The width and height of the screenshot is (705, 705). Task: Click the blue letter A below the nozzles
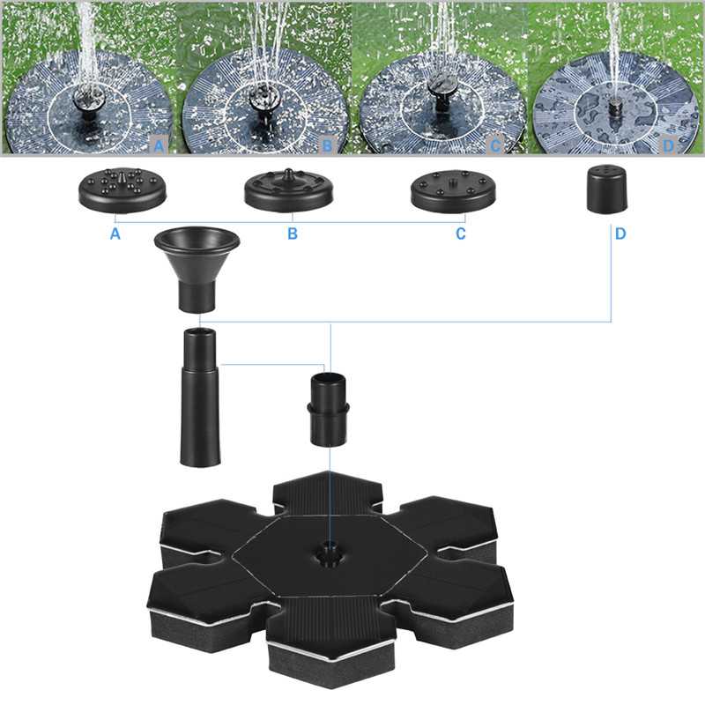pyautogui.click(x=115, y=234)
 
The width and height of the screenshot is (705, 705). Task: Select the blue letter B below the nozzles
pyautogui.click(x=293, y=234)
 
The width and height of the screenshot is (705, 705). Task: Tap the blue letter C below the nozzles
pyautogui.click(x=460, y=234)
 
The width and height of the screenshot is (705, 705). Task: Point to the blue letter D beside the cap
pyautogui.click(x=620, y=234)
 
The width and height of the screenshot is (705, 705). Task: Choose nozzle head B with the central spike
pyautogui.click(x=289, y=189)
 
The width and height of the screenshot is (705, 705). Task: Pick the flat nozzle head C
pyautogui.click(x=453, y=190)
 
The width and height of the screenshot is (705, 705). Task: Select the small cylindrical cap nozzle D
pyautogui.click(x=607, y=189)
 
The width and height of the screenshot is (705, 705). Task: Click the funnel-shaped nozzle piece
pyautogui.click(x=197, y=269)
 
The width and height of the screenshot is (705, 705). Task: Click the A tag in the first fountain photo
pyautogui.click(x=160, y=145)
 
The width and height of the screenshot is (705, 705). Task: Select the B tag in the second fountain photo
pyautogui.click(x=328, y=145)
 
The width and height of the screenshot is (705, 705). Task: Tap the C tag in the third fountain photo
pyautogui.click(x=495, y=145)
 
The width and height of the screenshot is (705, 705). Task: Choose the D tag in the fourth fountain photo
pyautogui.click(x=669, y=145)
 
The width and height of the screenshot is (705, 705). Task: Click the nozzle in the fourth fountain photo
pyautogui.click(x=614, y=108)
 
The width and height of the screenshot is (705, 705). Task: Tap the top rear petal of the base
pyautogui.click(x=328, y=493)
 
